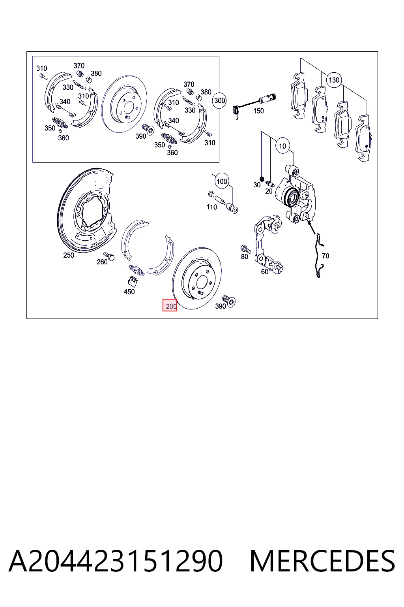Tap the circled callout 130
pos(334,80)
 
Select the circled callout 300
pos(219,101)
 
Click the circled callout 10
pos(282,146)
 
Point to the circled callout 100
pos(222,181)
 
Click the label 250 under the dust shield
pos(69,255)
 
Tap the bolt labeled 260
pos(109,256)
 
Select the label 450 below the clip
pos(129,292)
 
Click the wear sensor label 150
pos(258,111)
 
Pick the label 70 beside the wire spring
pos(325,256)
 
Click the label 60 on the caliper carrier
pos(264,271)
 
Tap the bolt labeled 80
pos(246,249)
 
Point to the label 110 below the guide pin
pos(211,207)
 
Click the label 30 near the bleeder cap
pos(257,185)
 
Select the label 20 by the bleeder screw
pos(269,191)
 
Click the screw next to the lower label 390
pos(229,301)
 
